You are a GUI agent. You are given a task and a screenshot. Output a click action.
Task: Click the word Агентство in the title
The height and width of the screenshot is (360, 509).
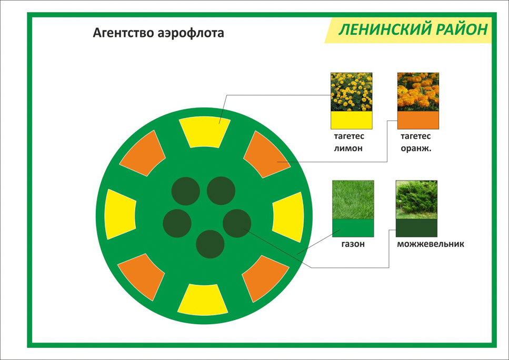point(123,33)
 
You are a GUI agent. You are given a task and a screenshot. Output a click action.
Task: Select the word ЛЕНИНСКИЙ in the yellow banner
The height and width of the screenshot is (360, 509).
point(385,29)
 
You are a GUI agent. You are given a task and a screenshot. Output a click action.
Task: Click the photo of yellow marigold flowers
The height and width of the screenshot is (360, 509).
point(352,92)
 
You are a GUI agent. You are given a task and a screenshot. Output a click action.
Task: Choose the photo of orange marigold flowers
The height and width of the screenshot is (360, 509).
point(418,92)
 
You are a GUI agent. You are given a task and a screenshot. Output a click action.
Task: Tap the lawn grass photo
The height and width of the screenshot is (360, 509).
point(353,199)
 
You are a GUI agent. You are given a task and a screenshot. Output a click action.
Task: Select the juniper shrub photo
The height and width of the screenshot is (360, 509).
point(416,199)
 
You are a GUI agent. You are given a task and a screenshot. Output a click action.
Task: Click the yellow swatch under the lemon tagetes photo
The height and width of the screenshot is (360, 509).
point(352,120)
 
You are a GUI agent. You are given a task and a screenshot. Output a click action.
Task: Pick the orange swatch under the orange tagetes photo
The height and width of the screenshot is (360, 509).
point(418,120)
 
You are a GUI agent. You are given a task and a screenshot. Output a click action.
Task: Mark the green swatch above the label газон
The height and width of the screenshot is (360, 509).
point(353,228)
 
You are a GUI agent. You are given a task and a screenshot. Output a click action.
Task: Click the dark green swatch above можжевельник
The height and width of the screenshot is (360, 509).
point(416,228)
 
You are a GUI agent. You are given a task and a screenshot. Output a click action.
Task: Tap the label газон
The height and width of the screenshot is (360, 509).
point(353,244)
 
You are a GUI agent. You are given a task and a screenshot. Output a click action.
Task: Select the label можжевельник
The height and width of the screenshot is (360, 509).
point(431,244)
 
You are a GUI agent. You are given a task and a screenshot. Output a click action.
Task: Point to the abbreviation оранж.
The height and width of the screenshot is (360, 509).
point(416,148)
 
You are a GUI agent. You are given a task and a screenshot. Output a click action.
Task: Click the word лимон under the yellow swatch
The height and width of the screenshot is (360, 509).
point(348,148)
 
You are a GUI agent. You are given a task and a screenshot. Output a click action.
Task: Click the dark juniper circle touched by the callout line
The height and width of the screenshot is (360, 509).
point(237,223)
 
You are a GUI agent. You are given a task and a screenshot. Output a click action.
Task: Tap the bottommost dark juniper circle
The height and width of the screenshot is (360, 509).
point(210,244)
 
